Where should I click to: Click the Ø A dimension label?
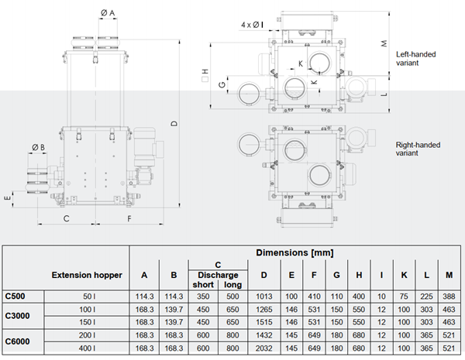(x=108, y=12)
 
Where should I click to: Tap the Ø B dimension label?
(x=38, y=147)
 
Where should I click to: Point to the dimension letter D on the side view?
(x=174, y=123)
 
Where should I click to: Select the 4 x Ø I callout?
(x=252, y=25)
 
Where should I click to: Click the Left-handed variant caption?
(x=415, y=58)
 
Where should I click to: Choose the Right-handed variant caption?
(x=418, y=149)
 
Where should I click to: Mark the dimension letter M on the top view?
(x=384, y=43)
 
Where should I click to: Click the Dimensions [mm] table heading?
(x=294, y=252)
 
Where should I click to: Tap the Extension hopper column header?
(x=87, y=275)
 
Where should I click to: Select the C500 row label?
(x=15, y=296)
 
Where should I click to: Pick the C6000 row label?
(x=17, y=341)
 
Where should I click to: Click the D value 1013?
(x=264, y=297)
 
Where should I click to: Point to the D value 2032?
(x=264, y=348)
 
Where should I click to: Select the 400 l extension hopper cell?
(x=87, y=348)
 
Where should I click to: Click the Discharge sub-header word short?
(x=203, y=285)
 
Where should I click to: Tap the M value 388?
(x=449, y=297)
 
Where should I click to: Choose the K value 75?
(x=404, y=297)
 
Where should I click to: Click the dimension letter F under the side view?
(x=129, y=218)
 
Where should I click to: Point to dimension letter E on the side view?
(x=8, y=197)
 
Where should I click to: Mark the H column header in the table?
(x=359, y=276)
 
